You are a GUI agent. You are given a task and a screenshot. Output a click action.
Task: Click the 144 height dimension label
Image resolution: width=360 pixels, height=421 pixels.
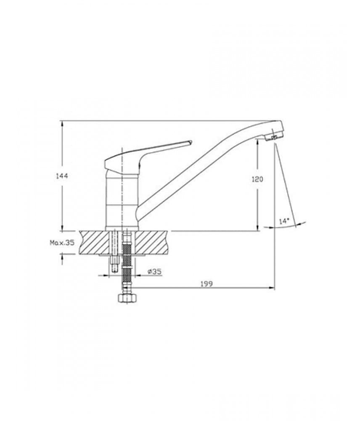point(62,176)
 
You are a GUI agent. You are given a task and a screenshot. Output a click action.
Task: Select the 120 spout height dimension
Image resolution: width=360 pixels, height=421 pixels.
point(257,179)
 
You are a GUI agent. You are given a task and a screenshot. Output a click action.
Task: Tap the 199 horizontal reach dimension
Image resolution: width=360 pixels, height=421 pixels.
point(206,283)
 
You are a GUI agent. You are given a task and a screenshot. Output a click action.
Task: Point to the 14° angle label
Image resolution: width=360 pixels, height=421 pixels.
point(284,221)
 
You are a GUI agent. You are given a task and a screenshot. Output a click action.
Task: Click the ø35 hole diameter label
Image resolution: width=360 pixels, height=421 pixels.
point(154,271)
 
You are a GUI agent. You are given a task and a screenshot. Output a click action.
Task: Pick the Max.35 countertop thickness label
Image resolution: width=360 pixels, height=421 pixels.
point(62,243)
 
